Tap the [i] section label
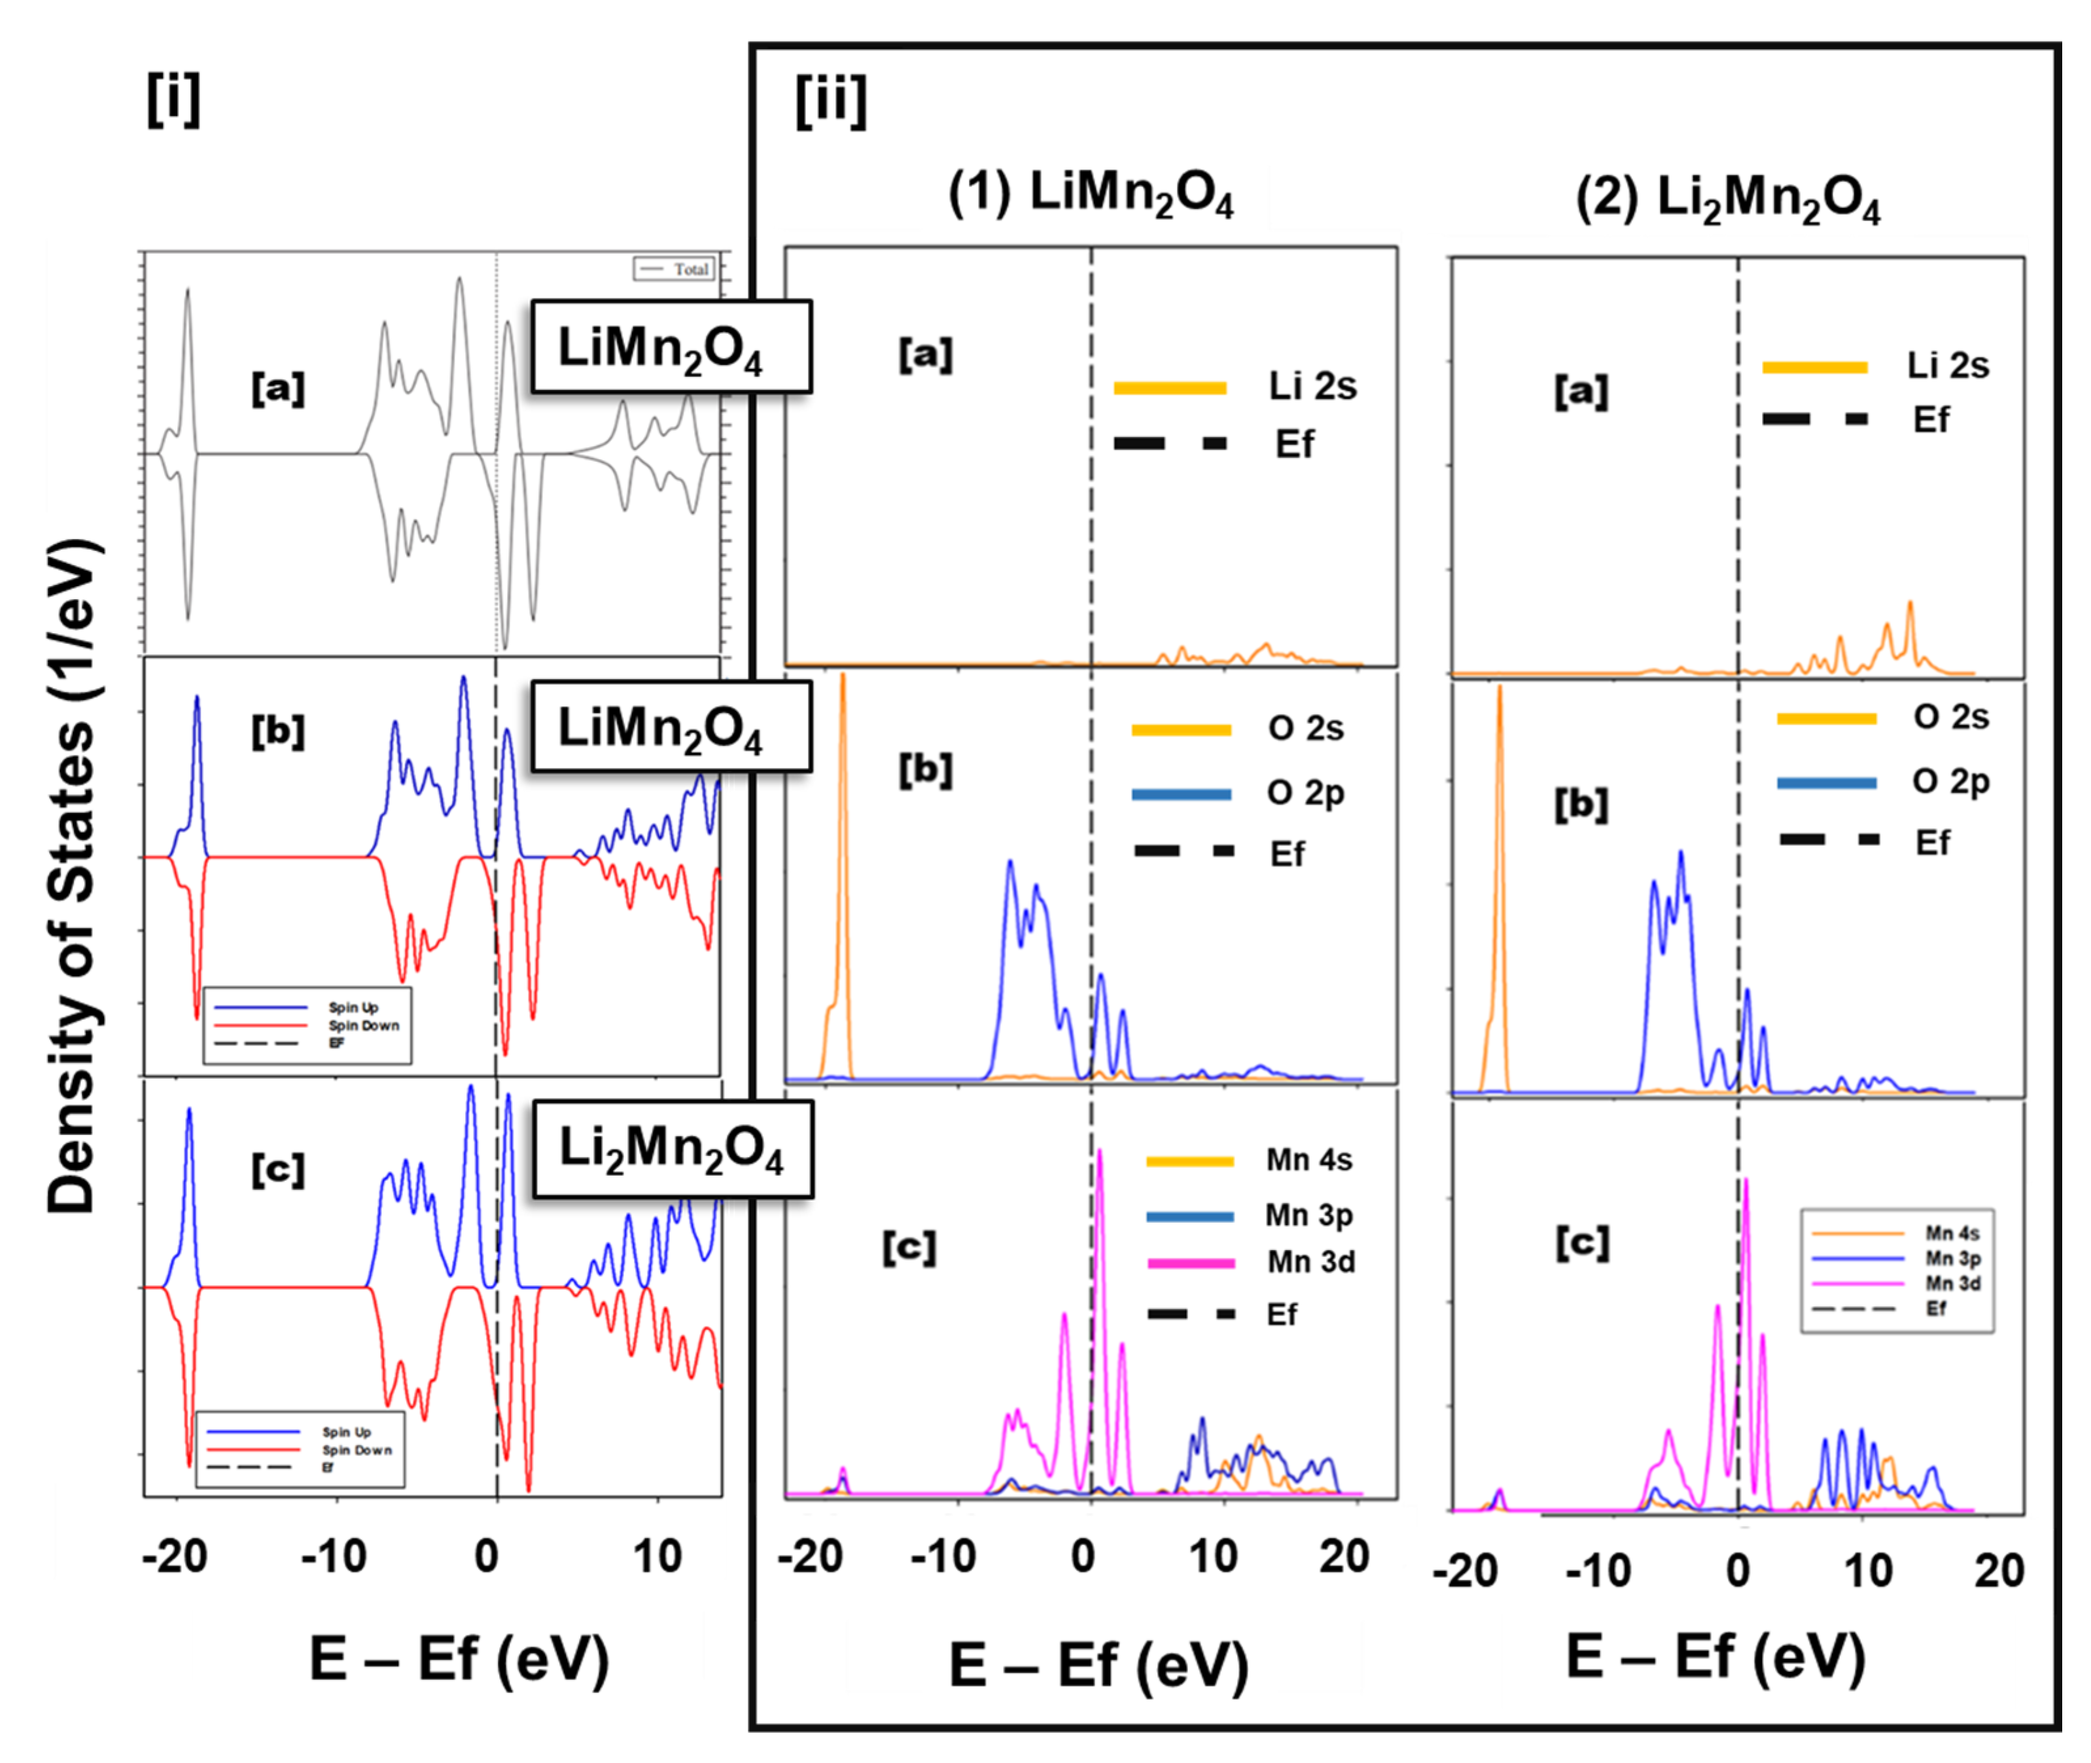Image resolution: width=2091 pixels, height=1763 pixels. click(173, 100)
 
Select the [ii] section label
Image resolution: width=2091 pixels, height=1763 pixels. click(831, 101)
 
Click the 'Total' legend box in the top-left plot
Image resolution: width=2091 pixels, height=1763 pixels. click(674, 269)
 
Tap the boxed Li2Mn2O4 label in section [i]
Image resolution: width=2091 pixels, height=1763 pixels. click(672, 1149)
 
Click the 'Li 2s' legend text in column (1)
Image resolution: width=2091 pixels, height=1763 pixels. click(1312, 387)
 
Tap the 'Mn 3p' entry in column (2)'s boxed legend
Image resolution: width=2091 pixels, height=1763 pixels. click(1952, 1257)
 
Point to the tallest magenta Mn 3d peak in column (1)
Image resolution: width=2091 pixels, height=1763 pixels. click(1099, 1159)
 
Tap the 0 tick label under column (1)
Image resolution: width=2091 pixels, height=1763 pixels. click(1083, 1556)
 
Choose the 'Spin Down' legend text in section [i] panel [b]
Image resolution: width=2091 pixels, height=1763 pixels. click(364, 1026)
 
